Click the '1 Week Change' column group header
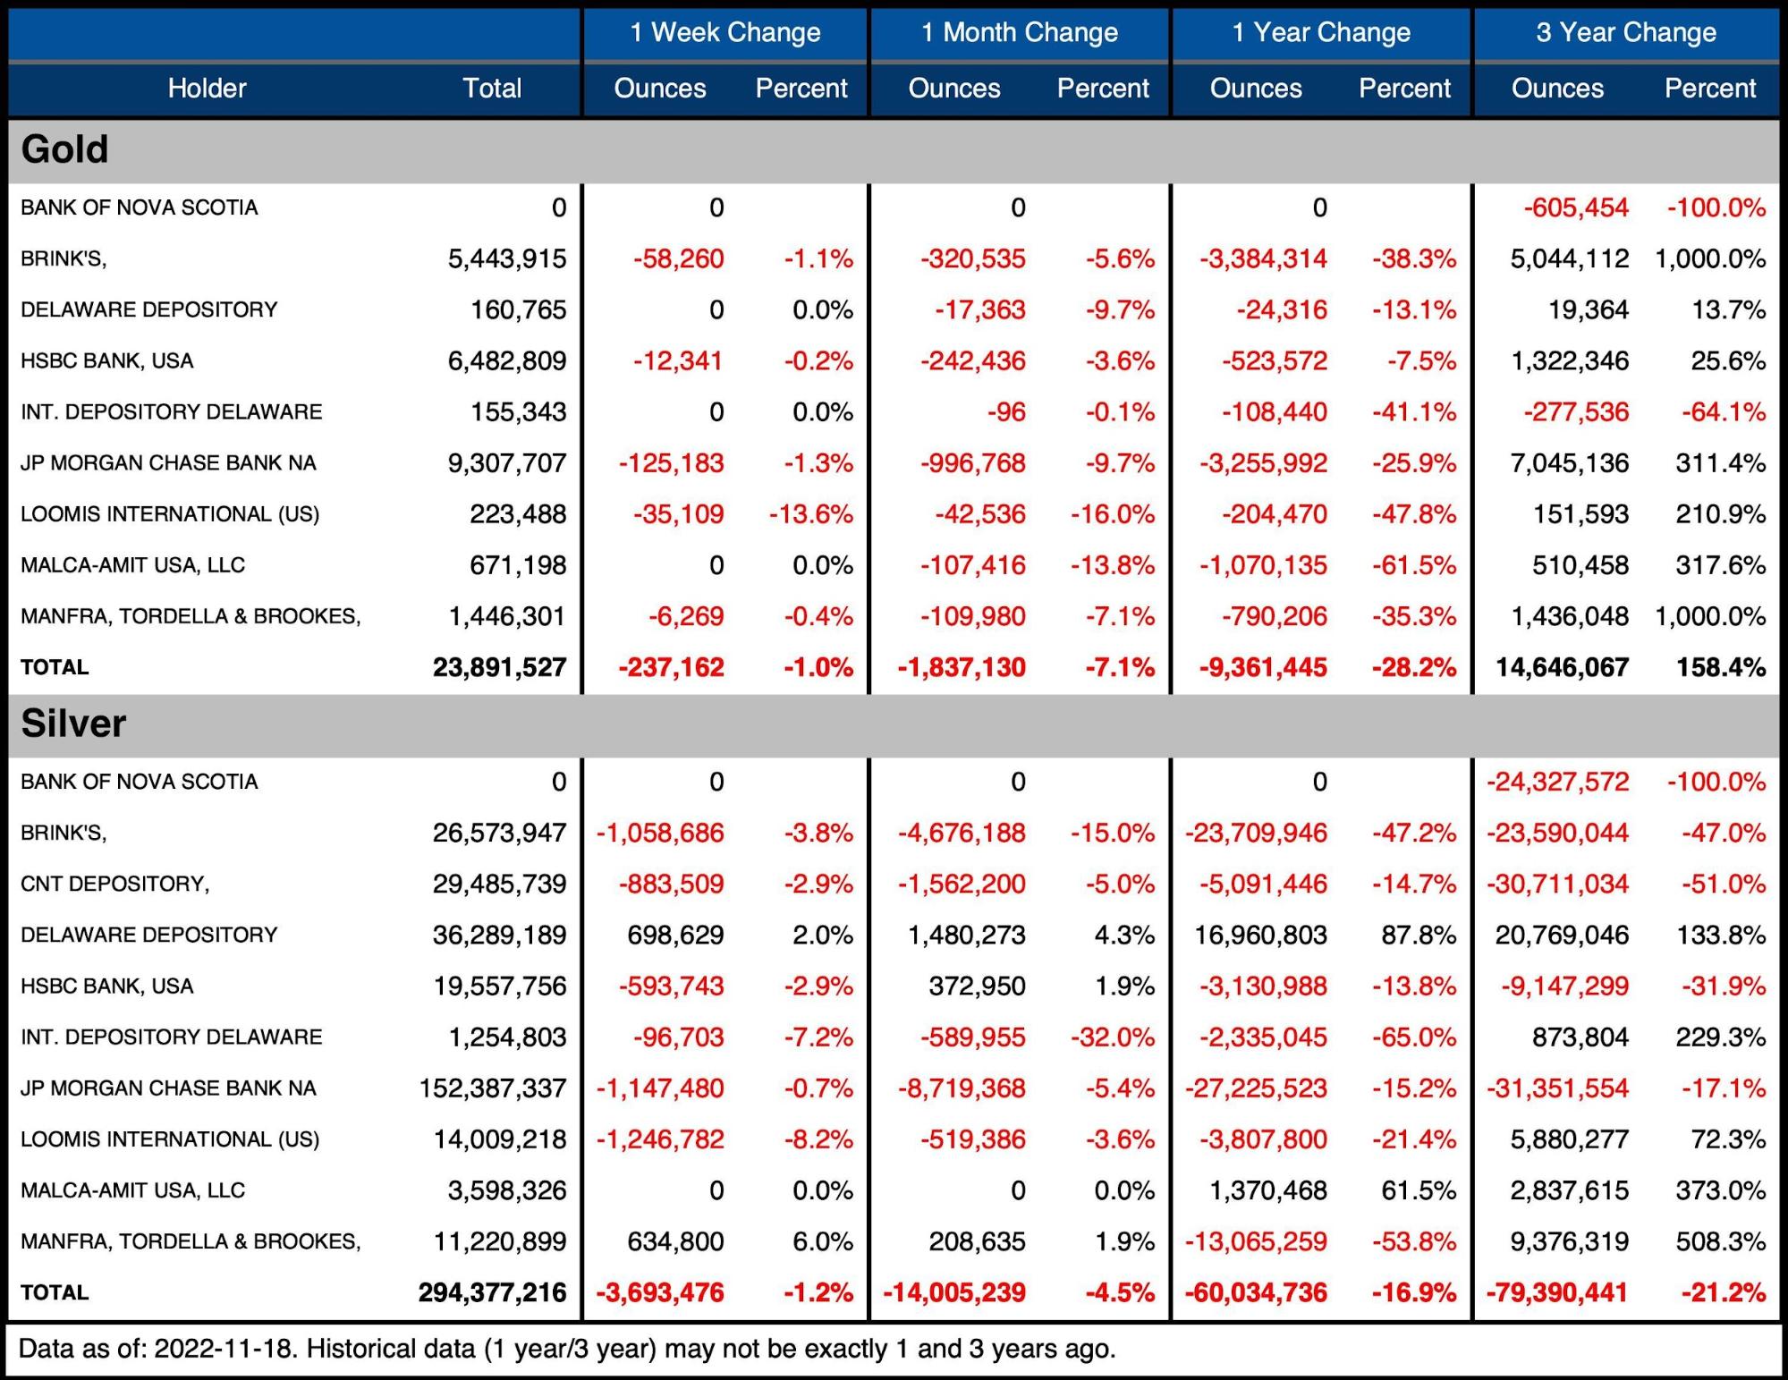[x=725, y=33]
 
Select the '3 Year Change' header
[x=1625, y=33]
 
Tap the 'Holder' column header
[x=207, y=89]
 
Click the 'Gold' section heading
[x=64, y=149]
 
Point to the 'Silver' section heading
[x=73, y=724]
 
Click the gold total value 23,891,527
[x=499, y=667]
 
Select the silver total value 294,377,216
[x=492, y=1292]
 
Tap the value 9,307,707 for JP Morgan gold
[x=506, y=463]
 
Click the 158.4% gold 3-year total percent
[x=1720, y=667]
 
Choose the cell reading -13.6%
[x=810, y=514]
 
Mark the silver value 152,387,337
[x=492, y=1088]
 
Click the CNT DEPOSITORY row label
[x=114, y=884]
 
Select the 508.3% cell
[x=1720, y=1241]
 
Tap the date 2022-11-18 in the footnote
[x=224, y=1349]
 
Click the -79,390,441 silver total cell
[x=1556, y=1292]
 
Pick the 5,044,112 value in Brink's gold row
[x=1569, y=259]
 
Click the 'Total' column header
[x=491, y=89]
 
